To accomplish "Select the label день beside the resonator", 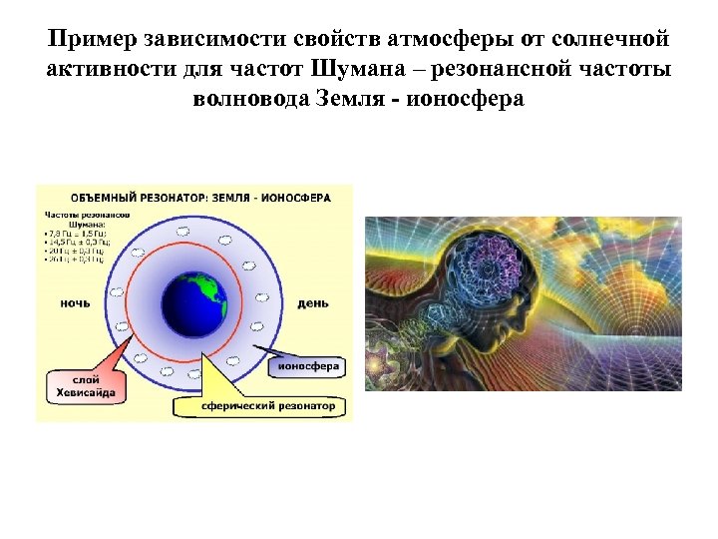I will coord(313,301).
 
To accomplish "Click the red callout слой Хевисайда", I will coord(86,388).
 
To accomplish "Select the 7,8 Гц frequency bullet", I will coord(76,233).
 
